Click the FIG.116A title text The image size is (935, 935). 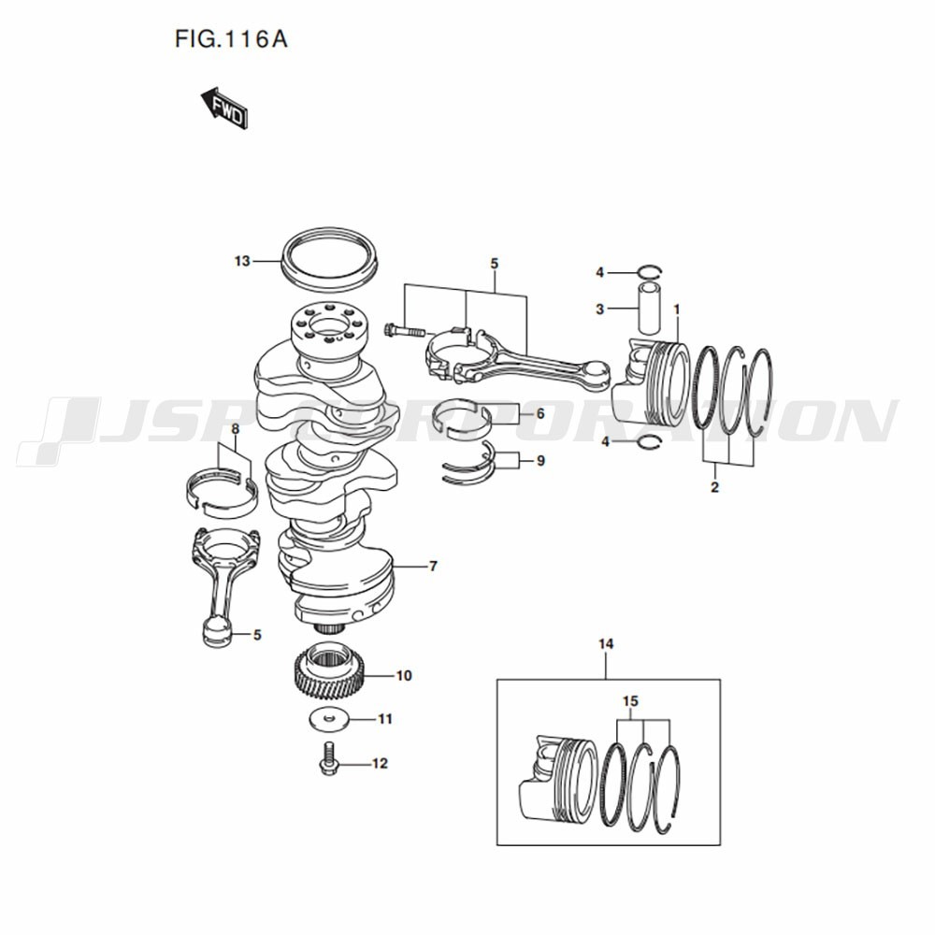coord(231,40)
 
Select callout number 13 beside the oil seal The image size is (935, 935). coord(242,261)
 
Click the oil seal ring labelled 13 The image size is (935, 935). coord(330,258)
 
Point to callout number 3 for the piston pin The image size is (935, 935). coord(600,309)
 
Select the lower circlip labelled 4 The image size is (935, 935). coord(650,442)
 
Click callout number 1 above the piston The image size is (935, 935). coord(677,309)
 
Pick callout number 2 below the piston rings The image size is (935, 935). coord(715,486)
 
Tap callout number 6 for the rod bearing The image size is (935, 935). coord(540,412)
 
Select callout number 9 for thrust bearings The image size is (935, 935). coord(540,460)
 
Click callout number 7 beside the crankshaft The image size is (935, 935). coord(434,566)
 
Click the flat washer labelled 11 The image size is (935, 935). coord(329,718)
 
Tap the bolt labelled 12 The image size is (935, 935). coord(327,760)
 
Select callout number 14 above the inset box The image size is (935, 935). coord(606,644)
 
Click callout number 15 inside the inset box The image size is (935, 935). coord(631,701)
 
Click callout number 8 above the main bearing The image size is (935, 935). coord(235,428)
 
